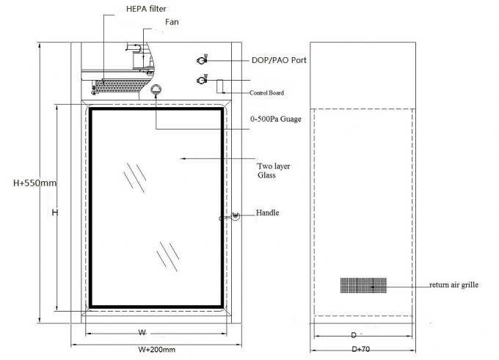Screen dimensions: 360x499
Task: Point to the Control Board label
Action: [266, 93]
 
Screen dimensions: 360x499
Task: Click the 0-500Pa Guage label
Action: [276, 120]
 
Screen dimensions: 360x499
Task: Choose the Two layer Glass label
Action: [273, 171]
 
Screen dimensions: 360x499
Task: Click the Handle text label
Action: [268, 213]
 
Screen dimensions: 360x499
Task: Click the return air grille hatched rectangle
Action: [363, 285]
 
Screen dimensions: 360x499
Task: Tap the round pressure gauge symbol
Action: [156, 89]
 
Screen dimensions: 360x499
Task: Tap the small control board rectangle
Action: [220, 85]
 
